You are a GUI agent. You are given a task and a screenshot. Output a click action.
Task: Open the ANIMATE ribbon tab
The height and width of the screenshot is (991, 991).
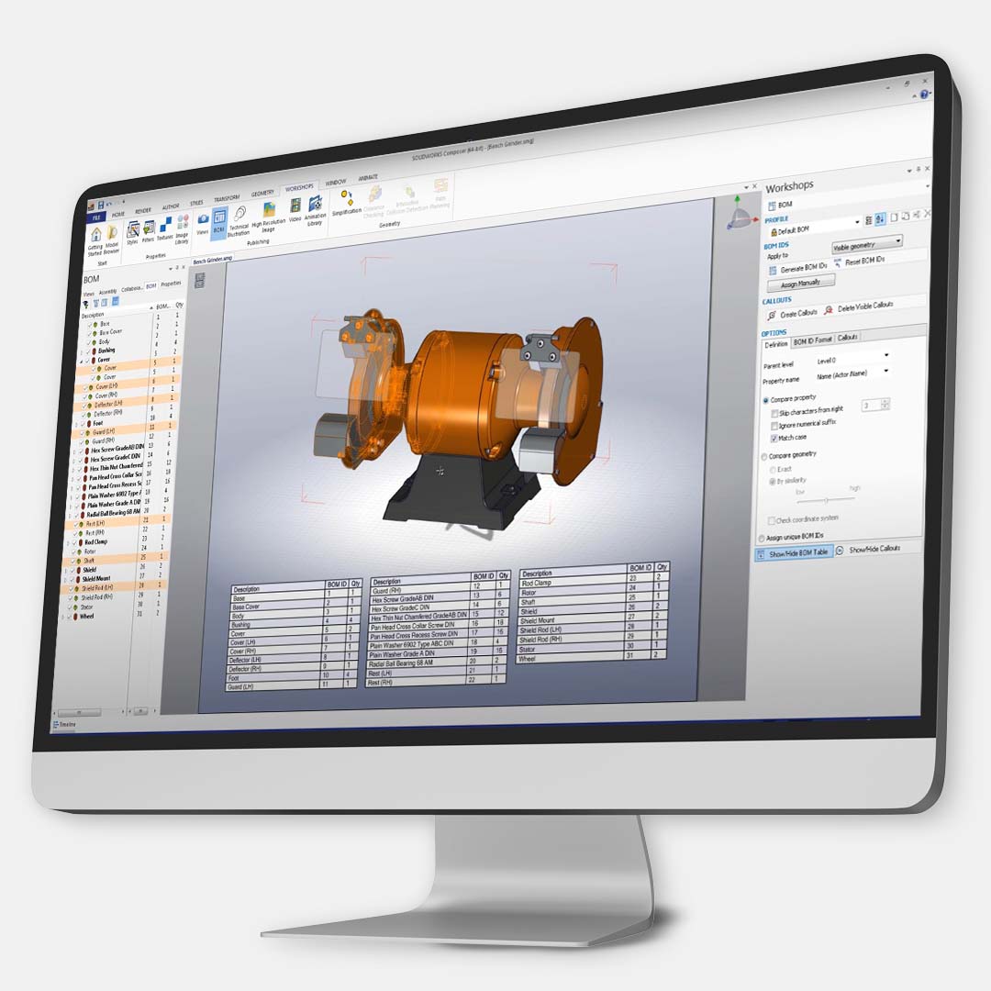point(368,177)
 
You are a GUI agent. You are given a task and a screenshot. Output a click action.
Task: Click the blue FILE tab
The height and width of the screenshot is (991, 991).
point(96,217)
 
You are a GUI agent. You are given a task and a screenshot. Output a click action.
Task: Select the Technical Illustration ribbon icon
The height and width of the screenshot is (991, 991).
point(239,220)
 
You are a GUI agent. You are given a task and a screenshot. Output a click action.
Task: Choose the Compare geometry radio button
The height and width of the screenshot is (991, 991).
point(764,455)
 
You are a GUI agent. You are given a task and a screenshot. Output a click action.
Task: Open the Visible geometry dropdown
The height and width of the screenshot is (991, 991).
point(866,242)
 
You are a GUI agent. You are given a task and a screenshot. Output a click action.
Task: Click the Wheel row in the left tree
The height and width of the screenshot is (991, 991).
point(87,617)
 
